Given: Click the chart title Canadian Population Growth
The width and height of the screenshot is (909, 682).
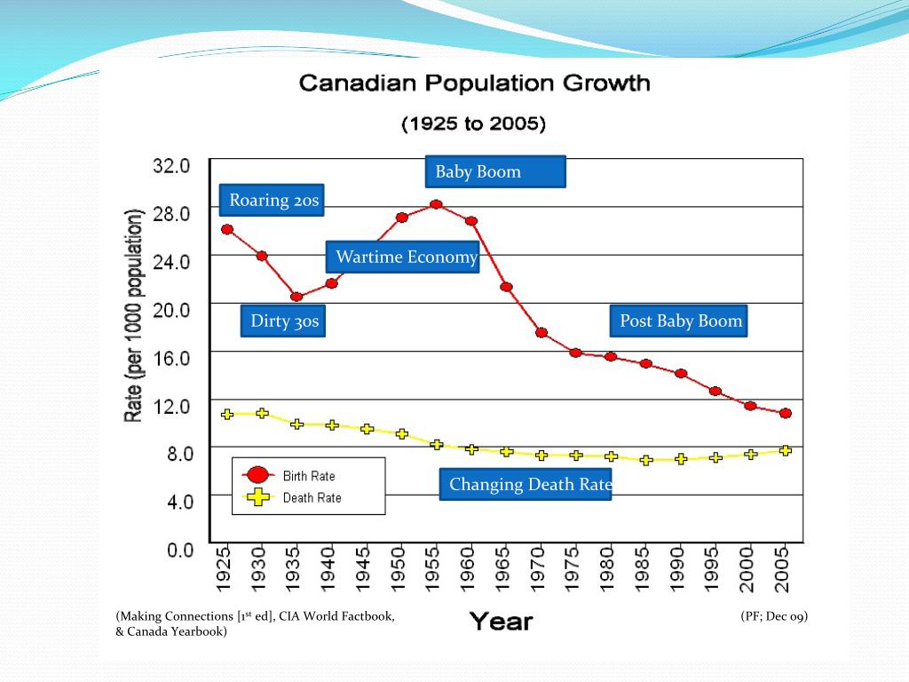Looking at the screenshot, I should (x=474, y=84).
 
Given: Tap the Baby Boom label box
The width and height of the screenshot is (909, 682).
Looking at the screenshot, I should (x=495, y=171).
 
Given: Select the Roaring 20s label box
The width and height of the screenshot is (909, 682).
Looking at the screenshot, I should (x=273, y=200).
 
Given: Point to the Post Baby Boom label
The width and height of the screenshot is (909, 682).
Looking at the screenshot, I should (x=680, y=321).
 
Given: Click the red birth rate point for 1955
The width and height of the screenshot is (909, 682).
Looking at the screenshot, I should (x=436, y=204).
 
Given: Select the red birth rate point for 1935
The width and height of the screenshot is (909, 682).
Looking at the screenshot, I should (x=296, y=297).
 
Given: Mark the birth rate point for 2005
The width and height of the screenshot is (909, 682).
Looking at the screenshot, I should (x=786, y=413).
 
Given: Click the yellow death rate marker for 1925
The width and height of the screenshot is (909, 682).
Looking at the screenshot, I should (x=227, y=414).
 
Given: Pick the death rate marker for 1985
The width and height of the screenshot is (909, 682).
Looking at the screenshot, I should (x=646, y=460).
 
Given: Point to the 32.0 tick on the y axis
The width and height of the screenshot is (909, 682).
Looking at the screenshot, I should (x=172, y=165).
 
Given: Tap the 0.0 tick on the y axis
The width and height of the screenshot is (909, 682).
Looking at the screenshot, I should (x=180, y=550).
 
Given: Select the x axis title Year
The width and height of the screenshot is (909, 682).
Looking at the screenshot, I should (x=501, y=621).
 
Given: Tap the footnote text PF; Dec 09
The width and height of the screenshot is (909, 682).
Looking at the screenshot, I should (x=774, y=616).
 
